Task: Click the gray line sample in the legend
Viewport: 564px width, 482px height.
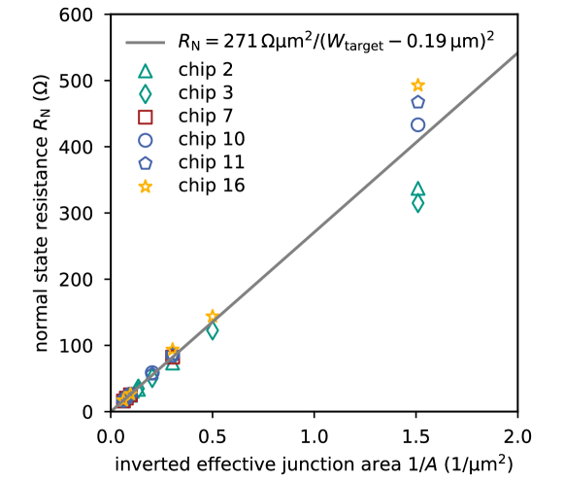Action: click(x=145, y=43)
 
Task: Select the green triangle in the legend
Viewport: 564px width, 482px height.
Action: click(x=146, y=71)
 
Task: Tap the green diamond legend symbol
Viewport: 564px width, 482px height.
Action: click(x=146, y=94)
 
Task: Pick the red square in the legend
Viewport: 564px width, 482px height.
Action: click(x=146, y=117)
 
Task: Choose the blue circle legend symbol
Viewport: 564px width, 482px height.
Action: click(x=146, y=140)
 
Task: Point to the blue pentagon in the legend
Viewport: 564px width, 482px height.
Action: click(x=146, y=163)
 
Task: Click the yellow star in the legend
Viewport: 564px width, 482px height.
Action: click(x=146, y=186)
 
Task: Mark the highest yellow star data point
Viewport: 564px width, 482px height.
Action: click(x=417, y=85)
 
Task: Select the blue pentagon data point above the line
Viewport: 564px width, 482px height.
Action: click(x=417, y=101)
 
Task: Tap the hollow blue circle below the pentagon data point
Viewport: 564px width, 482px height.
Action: click(x=417, y=124)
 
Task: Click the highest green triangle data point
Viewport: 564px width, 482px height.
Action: click(x=417, y=189)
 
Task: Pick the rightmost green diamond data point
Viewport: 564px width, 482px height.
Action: click(x=417, y=204)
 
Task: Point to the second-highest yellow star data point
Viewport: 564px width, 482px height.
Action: click(x=212, y=315)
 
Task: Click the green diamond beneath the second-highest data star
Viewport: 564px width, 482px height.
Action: click(x=212, y=331)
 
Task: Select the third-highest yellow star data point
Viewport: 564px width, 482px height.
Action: click(x=172, y=348)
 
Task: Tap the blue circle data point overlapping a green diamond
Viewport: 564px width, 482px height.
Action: click(x=151, y=372)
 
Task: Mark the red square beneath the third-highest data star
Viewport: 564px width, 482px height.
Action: click(x=172, y=358)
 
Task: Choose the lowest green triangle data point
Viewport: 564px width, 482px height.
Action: click(x=140, y=391)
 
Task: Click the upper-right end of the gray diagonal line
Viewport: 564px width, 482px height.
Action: click(x=515, y=53)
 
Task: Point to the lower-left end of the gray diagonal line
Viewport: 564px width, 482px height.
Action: click(x=113, y=408)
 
